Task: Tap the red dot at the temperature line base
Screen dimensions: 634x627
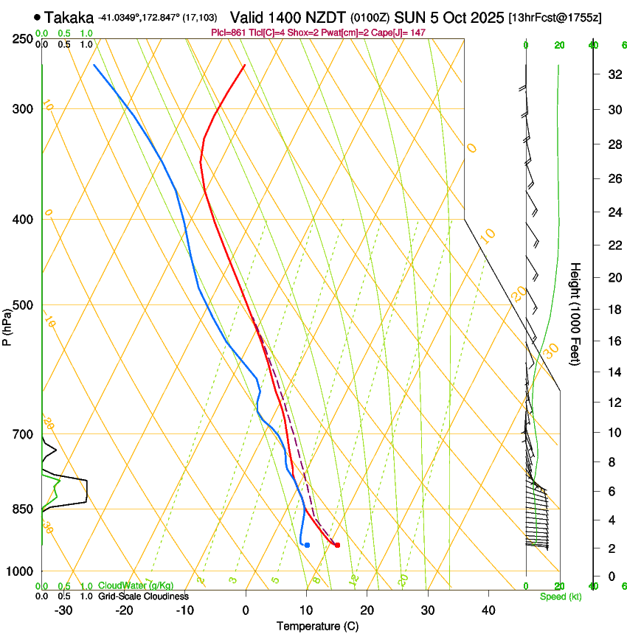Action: [x=337, y=545]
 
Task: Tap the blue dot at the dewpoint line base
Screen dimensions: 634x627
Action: [x=307, y=545]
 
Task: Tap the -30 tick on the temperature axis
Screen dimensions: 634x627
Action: [x=63, y=610]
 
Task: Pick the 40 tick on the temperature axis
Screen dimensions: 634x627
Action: [x=488, y=610]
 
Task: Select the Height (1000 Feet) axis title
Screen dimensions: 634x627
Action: [x=575, y=313]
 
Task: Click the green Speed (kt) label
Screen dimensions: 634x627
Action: [x=560, y=596]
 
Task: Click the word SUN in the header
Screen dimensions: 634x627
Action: [x=410, y=17]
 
